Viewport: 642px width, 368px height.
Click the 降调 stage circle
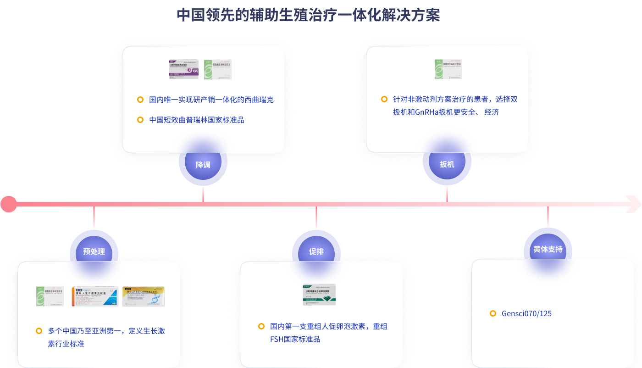(x=203, y=164)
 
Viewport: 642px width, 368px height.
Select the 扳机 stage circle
(x=447, y=164)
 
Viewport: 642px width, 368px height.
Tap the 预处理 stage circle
(x=94, y=251)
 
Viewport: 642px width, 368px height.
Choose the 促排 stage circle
(x=316, y=251)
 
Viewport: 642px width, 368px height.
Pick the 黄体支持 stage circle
(x=548, y=250)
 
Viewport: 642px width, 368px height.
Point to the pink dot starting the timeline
(x=8, y=204)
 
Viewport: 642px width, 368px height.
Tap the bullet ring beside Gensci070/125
(x=493, y=313)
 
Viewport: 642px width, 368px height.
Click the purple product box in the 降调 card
(x=184, y=69)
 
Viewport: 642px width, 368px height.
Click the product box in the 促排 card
(x=319, y=295)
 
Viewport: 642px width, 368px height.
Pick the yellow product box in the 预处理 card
(x=144, y=296)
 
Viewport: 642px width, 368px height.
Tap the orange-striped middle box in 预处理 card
(x=95, y=296)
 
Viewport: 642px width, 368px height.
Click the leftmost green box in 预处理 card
(x=50, y=296)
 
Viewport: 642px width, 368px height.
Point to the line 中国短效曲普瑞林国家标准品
(x=197, y=120)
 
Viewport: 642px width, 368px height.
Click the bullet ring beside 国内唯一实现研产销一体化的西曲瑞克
(x=140, y=100)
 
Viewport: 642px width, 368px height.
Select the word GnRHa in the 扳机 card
(x=426, y=112)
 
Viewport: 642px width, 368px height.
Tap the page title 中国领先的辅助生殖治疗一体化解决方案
(x=308, y=15)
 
